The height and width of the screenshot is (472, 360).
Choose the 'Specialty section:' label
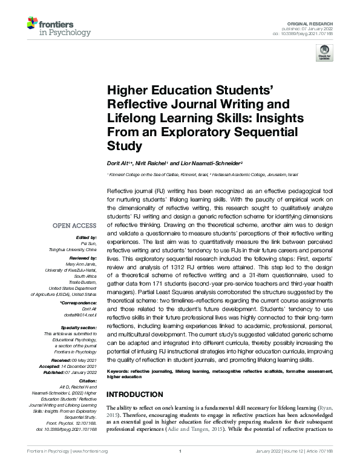point(80,327)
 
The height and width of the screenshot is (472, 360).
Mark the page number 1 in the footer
point(180,468)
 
